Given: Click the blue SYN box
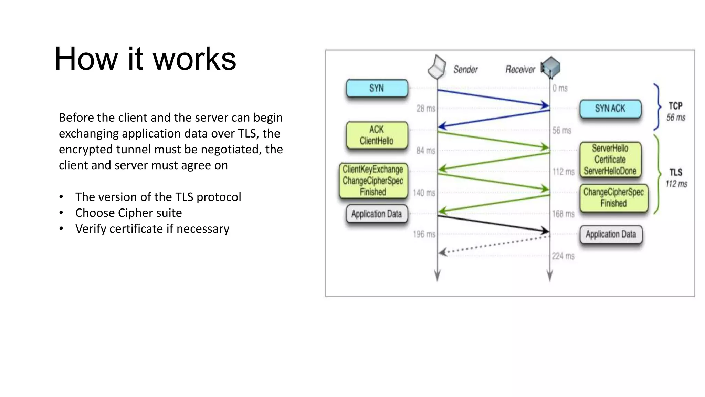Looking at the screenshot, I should click(377, 88).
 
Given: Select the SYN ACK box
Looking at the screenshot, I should click(610, 109).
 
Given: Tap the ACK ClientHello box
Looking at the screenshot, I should click(377, 135).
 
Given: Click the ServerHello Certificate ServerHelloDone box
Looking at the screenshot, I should click(610, 160).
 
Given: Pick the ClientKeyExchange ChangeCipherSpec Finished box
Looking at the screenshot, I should click(373, 181).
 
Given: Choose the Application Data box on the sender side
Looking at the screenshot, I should click(377, 214).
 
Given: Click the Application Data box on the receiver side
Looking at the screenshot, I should click(611, 234).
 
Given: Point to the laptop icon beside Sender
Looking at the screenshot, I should click(436, 67).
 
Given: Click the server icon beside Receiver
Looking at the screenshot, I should click(551, 67).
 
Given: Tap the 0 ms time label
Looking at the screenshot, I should click(560, 89).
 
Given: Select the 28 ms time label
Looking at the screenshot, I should click(426, 109).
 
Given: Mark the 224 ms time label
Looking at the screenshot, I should click(563, 256).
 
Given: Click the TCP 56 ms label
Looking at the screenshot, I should click(675, 111).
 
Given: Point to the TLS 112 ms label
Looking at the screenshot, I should click(676, 178).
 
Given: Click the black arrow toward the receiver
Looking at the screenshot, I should click(492, 223).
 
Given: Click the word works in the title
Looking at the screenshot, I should click(194, 59).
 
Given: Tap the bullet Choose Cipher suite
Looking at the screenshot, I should click(128, 213).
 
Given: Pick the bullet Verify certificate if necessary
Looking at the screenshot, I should click(152, 229).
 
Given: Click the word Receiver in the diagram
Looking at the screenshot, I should click(520, 70).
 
